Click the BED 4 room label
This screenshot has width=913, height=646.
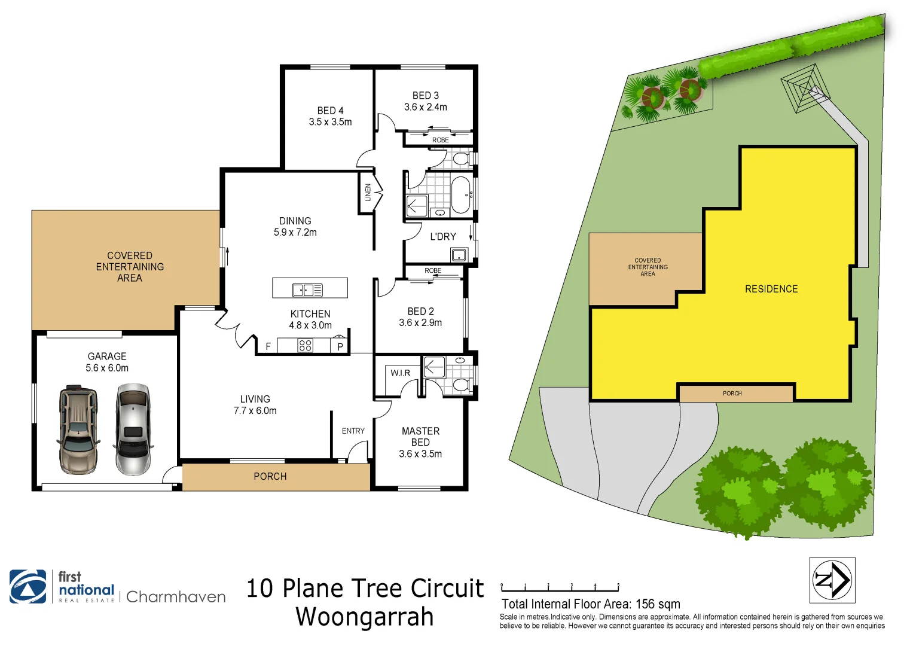[330, 111]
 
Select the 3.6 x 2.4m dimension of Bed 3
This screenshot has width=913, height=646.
[425, 107]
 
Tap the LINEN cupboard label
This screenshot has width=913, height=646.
[368, 192]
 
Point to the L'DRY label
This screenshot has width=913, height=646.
[443, 237]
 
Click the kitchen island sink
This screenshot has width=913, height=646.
[307, 290]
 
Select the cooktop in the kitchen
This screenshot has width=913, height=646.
[305, 345]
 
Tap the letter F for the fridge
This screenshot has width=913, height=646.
[268, 346]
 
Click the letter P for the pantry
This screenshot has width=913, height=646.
[340, 346]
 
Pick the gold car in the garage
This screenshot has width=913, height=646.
[78, 431]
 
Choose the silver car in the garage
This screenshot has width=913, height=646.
[133, 429]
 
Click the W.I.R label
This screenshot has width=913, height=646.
[400, 373]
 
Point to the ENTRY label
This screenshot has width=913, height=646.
[353, 431]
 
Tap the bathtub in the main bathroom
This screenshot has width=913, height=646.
[460, 194]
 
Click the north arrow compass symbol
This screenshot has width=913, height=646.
[832, 580]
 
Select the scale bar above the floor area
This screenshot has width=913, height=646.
[560, 589]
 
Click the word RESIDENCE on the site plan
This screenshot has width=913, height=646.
[771, 289]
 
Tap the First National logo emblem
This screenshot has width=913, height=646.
[28, 586]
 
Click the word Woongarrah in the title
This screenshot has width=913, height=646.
[364, 617]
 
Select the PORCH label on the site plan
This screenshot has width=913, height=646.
[732, 394]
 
